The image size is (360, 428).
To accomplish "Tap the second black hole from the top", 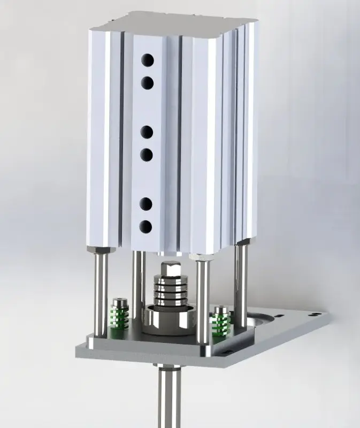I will tap(147, 82).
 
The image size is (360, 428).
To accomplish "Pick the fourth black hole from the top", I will tap(147, 155).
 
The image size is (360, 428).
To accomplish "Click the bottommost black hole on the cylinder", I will tap(147, 226).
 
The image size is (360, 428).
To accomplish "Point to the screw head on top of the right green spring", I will tap(220, 310).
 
